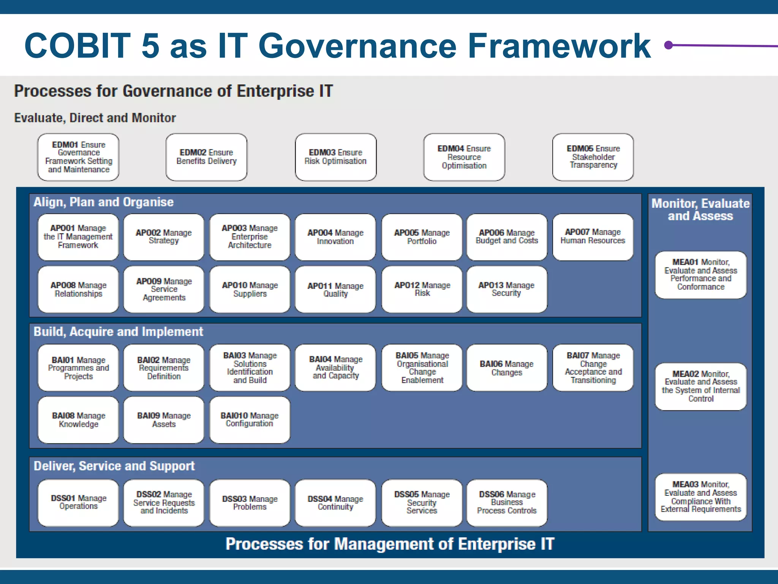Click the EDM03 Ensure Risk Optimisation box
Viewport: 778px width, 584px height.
coord(335,157)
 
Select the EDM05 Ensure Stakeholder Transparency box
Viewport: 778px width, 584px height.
coord(593,157)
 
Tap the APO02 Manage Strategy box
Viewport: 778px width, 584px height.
coord(164,237)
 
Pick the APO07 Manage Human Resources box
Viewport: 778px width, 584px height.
coord(593,237)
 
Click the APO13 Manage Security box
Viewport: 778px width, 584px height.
coord(507,289)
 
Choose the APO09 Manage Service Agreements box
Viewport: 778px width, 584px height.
coord(164,289)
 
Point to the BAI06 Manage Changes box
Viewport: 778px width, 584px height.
coord(507,368)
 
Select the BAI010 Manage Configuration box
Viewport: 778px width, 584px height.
coord(250,420)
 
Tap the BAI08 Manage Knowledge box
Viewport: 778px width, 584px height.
coord(78,420)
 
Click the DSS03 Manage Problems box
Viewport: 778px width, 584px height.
coord(250,503)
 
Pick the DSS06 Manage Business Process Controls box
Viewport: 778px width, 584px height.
coord(507,503)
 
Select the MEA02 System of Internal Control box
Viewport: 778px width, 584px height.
coord(701,386)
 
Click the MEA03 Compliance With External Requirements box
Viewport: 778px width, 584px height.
coord(701,497)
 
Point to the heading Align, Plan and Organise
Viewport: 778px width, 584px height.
coord(103,202)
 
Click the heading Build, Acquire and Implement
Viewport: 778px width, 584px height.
coord(118,332)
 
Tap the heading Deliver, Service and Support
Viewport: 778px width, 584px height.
coord(114,466)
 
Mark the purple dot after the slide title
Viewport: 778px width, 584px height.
coord(669,46)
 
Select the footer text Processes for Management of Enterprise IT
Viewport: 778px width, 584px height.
coord(390,544)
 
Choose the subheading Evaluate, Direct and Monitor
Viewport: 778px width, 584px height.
coord(95,118)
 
